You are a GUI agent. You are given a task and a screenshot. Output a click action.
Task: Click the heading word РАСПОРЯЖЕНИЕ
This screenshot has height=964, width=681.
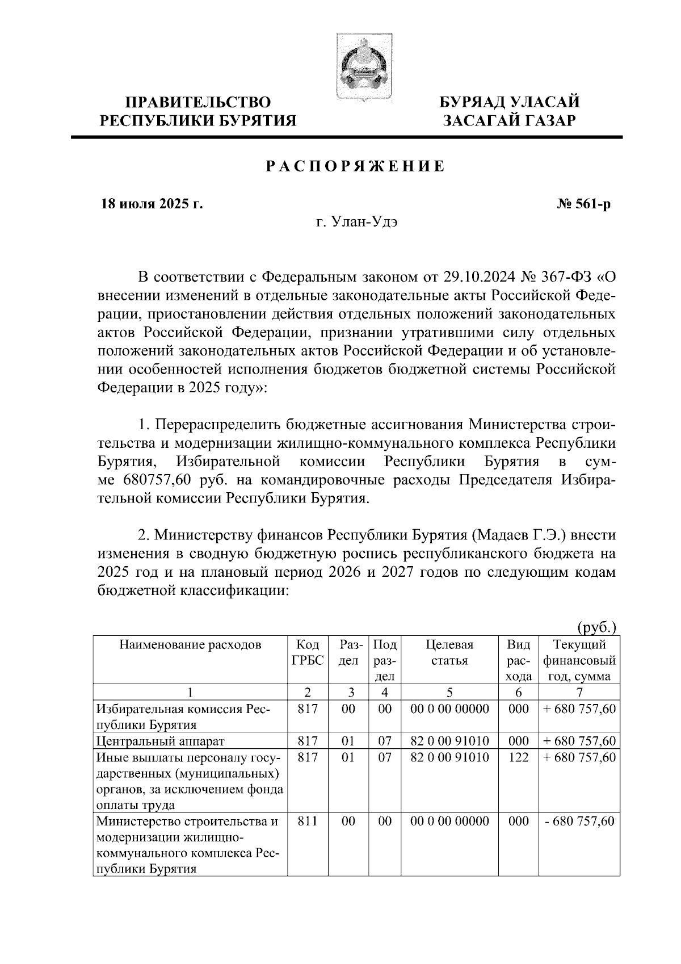(356, 167)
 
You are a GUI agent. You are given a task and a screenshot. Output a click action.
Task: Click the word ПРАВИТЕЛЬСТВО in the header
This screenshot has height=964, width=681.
(197, 103)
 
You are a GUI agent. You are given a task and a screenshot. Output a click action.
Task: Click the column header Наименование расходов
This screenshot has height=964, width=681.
(190, 645)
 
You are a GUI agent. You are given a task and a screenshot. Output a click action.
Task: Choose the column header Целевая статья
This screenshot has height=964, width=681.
(449, 652)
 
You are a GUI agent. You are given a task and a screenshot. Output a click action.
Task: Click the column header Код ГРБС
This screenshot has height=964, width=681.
(308, 652)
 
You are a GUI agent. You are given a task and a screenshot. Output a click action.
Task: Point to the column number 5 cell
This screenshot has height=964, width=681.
(449, 692)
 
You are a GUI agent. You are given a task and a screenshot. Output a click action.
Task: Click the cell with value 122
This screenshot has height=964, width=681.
(519, 757)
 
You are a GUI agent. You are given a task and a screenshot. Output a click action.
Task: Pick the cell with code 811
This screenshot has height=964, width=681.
(308, 822)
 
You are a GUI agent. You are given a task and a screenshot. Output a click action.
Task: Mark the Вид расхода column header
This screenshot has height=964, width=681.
(519, 660)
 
